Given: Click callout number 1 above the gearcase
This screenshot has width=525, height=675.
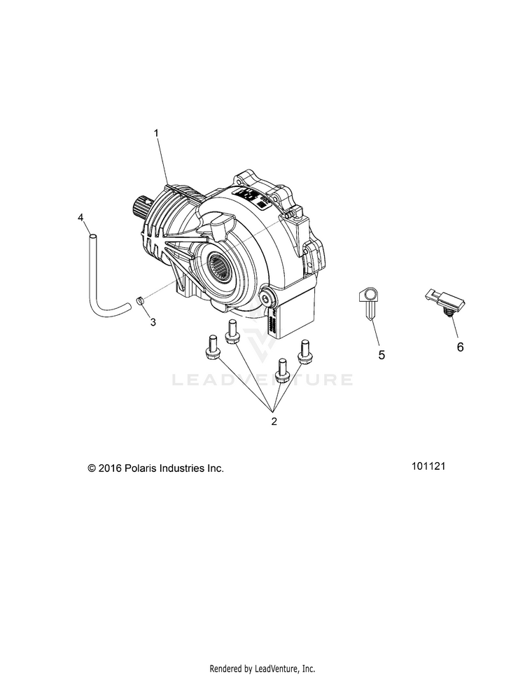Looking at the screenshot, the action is [157, 132].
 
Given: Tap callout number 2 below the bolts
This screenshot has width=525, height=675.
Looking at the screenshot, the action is [274, 422].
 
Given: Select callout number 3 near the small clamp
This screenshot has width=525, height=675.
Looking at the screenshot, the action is [153, 303].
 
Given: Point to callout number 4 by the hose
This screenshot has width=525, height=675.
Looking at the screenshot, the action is [81, 218].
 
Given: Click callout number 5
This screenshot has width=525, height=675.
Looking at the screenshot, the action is [381, 355].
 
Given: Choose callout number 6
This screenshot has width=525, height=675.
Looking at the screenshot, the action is [460, 346].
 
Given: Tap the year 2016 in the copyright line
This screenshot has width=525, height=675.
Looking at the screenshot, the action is [111, 468].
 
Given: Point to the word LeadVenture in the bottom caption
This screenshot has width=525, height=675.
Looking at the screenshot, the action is [278, 668].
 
